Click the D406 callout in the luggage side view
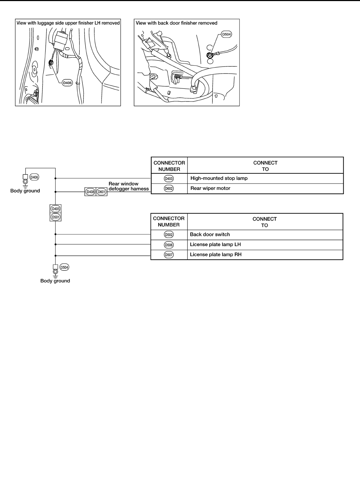tap(67, 83)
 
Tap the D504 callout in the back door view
tap(226, 34)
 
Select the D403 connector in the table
tap(169, 179)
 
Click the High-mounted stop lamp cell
tap(219, 178)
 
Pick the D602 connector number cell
tap(169, 189)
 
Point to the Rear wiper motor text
tap(210, 188)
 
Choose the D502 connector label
tap(169, 234)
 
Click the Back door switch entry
tap(210, 234)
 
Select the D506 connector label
tap(169, 245)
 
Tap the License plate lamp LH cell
tap(215, 244)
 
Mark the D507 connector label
tap(169, 255)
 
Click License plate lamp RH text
tap(216, 254)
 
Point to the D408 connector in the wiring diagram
tap(91, 192)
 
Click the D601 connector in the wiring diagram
tap(101, 192)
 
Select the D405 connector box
tap(56, 209)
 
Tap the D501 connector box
tap(56, 217)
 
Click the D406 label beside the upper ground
tap(34, 177)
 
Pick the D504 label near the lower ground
tap(64, 267)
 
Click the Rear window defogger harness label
tap(128, 186)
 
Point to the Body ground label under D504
tap(55, 281)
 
